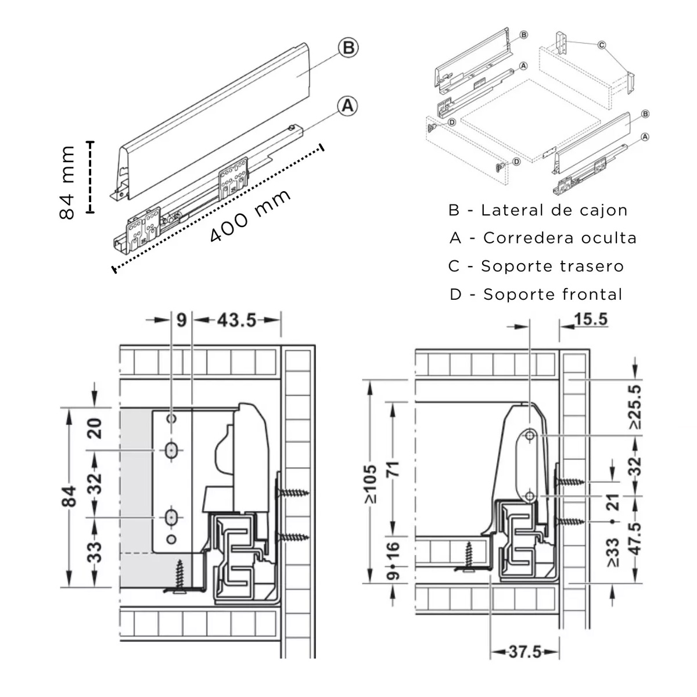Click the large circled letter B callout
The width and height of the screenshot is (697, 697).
point(348,48)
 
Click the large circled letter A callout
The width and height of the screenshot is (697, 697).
point(347,106)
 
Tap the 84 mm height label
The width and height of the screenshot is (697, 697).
point(67,182)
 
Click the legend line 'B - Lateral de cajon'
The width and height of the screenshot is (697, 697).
point(538,210)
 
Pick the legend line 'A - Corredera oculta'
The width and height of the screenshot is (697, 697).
point(542,238)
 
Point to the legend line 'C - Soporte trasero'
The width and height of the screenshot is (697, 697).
point(536,267)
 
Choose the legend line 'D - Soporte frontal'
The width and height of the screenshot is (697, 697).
point(536,294)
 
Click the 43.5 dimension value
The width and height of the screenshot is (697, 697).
point(236,320)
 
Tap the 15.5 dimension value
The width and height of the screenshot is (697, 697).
point(590,319)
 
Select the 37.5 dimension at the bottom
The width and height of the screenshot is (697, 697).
point(524,652)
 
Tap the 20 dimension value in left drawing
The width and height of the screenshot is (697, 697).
point(96,428)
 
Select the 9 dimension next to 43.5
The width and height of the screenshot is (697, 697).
point(181,320)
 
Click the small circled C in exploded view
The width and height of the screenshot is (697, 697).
point(601,45)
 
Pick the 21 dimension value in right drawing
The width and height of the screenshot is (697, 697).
point(613,503)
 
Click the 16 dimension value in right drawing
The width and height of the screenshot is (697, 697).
point(393,548)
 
